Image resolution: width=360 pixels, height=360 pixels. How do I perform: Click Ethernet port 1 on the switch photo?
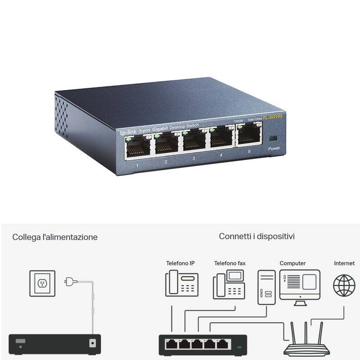pyautogui.click(x=138, y=147)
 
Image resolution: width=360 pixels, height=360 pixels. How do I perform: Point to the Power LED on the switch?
pyautogui.click(x=272, y=139)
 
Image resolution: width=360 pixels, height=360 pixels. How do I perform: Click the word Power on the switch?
pyautogui.click(x=274, y=148)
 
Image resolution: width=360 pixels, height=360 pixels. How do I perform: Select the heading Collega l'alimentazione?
pyautogui.click(x=55, y=237)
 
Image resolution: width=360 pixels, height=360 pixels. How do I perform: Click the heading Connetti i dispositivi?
pyautogui.click(x=257, y=236)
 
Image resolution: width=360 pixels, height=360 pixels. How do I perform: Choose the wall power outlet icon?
pyautogui.click(x=42, y=283)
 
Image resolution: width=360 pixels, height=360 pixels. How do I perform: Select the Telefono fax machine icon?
pyautogui.click(x=229, y=284)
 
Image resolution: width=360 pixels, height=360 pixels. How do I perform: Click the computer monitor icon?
pyautogui.click(x=300, y=285)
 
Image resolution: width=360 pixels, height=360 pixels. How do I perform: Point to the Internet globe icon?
pyautogui.click(x=344, y=285)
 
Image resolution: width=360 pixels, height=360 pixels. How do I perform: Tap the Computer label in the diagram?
pyautogui.click(x=292, y=263)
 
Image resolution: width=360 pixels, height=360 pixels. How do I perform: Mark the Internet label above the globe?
pyautogui.click(x=344, y=263)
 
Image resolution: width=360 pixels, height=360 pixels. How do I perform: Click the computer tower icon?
pyautogui.click(x=265, y=288)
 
